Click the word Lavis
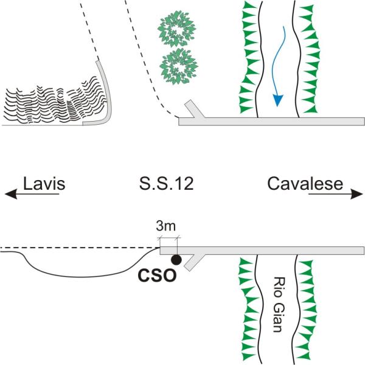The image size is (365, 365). tap(44, 184)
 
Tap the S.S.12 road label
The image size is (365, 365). tap(166, 184)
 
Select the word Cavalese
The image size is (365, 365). tap(305, 184)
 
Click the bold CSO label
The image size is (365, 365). tap(157, 276)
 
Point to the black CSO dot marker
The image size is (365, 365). tap(176, 260)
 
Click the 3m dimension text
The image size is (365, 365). tap(165, 226)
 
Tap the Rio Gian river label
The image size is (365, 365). tap(277, 304)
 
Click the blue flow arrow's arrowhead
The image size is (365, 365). tap(278, 100)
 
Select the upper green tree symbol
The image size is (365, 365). tap(176, 29)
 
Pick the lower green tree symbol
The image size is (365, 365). tap(179, 66)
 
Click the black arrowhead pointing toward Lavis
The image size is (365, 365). tap(11, 194)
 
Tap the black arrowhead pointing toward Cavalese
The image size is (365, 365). tap(356, 194)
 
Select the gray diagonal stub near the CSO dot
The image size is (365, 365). tap(195, 263)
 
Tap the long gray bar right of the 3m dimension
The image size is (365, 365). tap(262, 251)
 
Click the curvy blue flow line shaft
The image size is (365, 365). tap(278, 61)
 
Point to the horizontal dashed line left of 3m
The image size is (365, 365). tap(80, 248)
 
